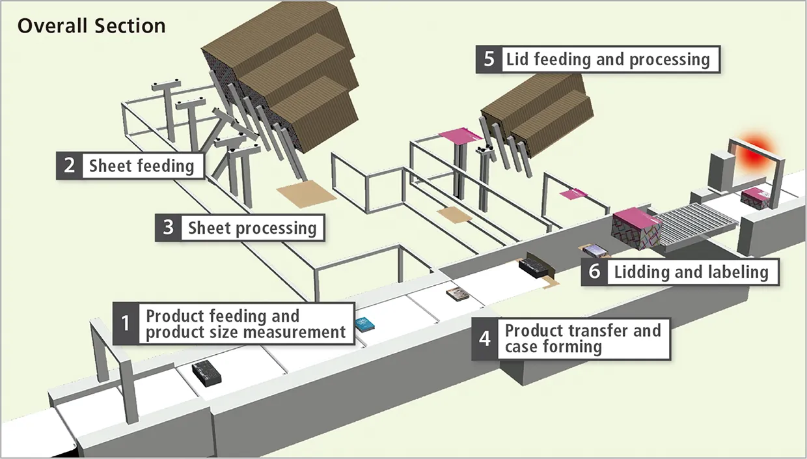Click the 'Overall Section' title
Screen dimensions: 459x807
[x=91, y=26]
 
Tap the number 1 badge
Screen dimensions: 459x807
[x=126, y=324]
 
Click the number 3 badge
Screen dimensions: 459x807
[x=168, y=227]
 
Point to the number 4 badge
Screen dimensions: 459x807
[x=485, y=339]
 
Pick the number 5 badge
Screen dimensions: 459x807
[x=489, y=59]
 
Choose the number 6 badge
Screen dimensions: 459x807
[x=594, y=271]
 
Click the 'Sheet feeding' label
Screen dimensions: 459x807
[x=142, y=165]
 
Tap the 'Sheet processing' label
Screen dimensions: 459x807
[x=252, y=228]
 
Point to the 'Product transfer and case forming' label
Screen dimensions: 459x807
[x=582, y=339]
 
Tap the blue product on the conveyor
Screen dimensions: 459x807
[x=364, y=323]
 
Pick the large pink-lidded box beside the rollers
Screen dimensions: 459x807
[x=636, y=232]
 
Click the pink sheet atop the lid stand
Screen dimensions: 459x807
[x=459, y=135]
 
